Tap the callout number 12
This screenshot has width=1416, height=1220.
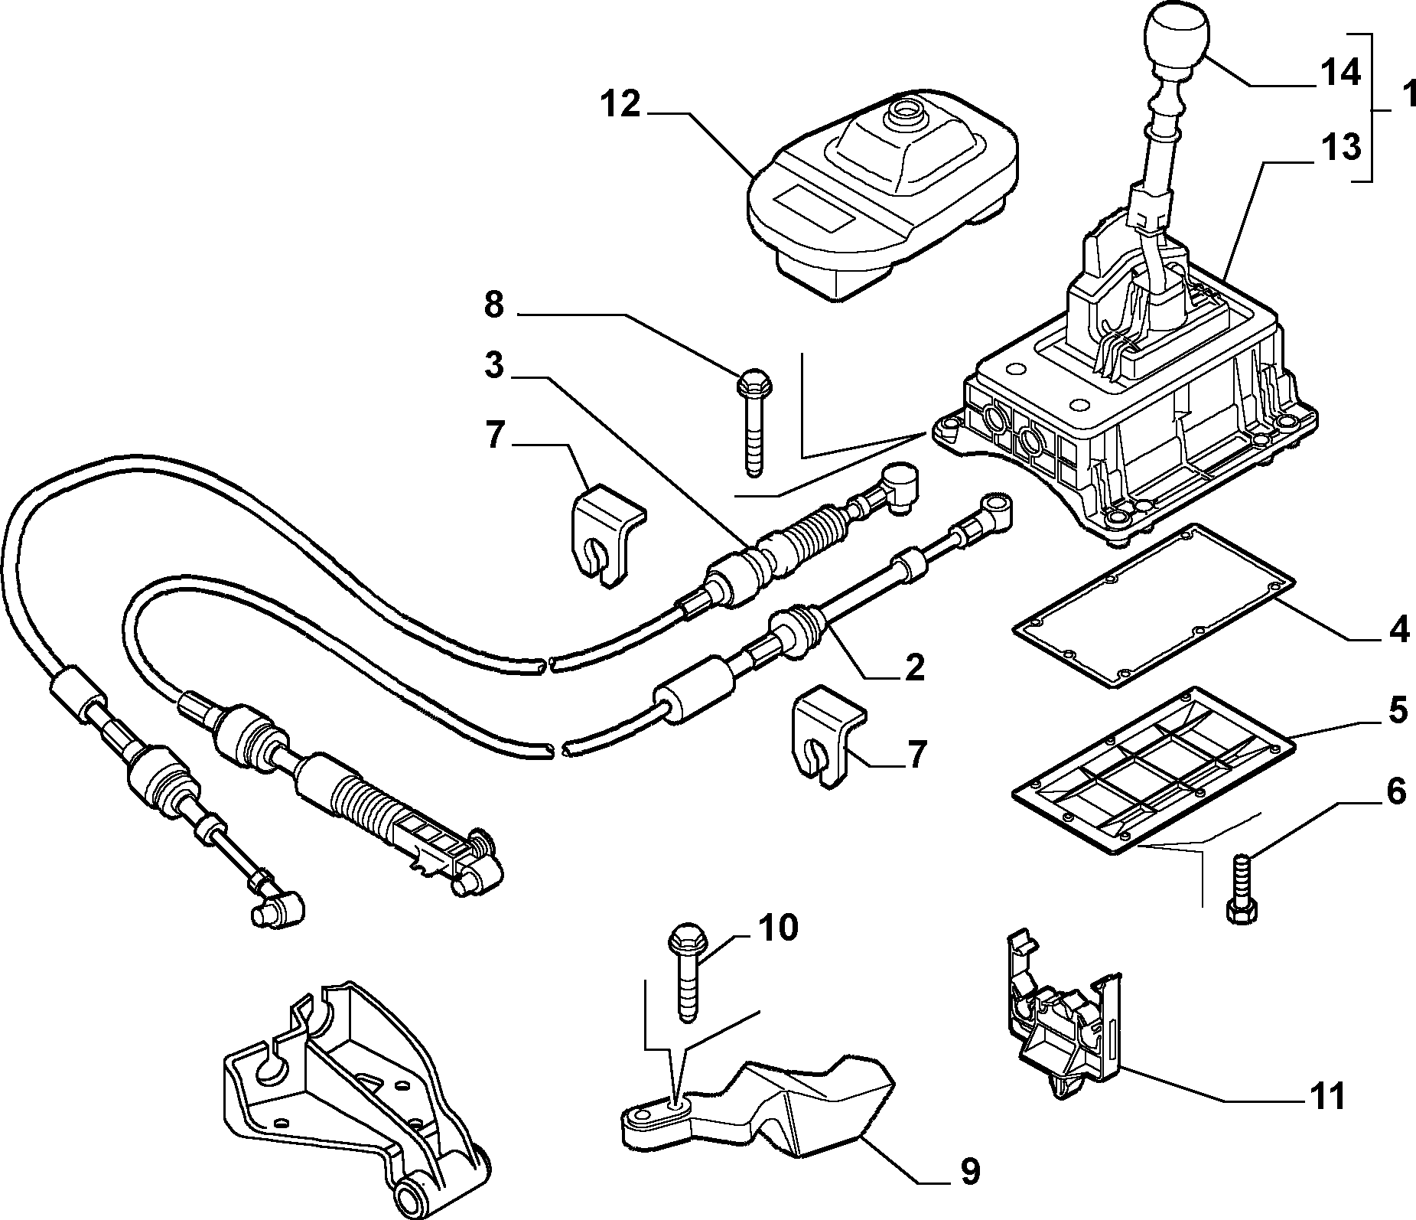(x=619, y=104)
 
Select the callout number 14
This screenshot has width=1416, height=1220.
(x=1340, y=73)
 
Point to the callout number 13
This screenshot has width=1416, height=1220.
(x=1340, y=147)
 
